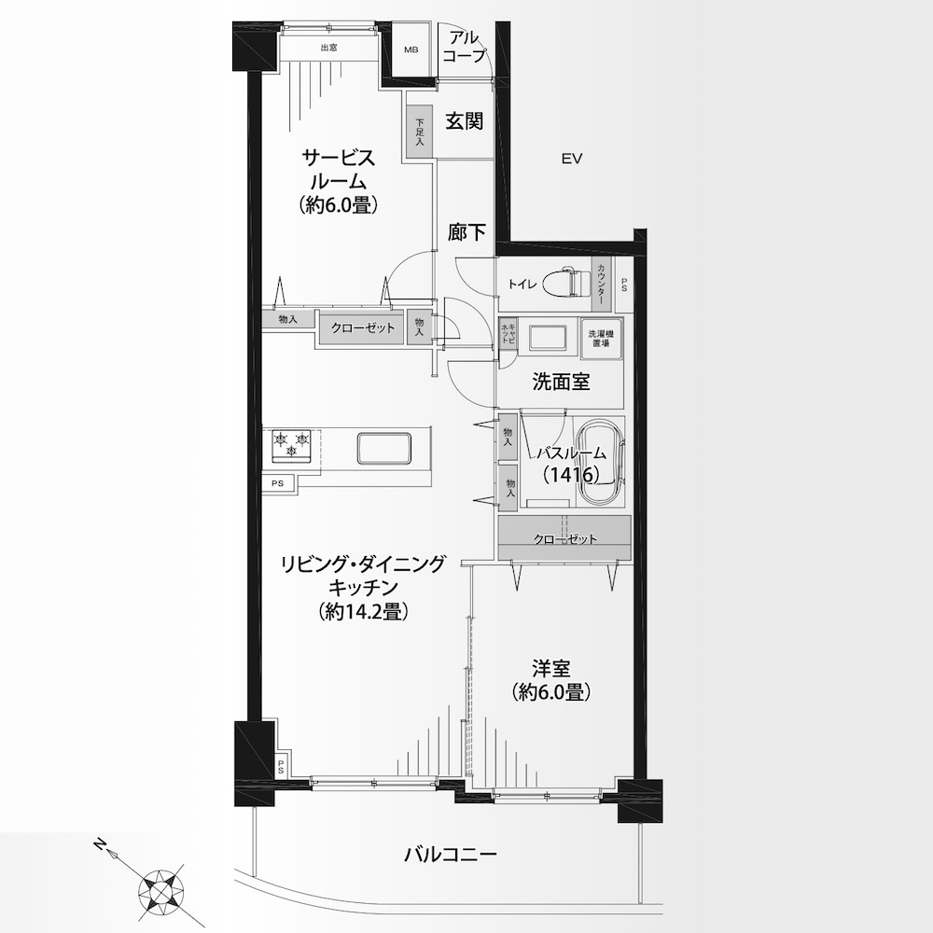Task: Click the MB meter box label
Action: tap(411, 50)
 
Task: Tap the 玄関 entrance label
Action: tap(465, 121)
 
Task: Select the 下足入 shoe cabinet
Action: tap(420, 132)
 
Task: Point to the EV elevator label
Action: tap(571, 159)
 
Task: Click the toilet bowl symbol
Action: tap(564, 282)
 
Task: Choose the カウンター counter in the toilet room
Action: tap(602, 285)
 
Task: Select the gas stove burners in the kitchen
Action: tap(291, 445)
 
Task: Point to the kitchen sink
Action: tap(384, 448)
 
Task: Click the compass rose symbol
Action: tap(161, 893)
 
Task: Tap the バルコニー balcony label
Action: tap(451, 856)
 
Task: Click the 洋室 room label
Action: tap(551, 668)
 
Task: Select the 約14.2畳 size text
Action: tap(363, 612)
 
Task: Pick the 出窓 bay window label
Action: tap(329, 48)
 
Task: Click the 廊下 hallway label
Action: tap(466, 232)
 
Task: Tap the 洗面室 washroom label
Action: tap(561, 382)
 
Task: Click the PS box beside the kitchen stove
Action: tap(278, 483)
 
